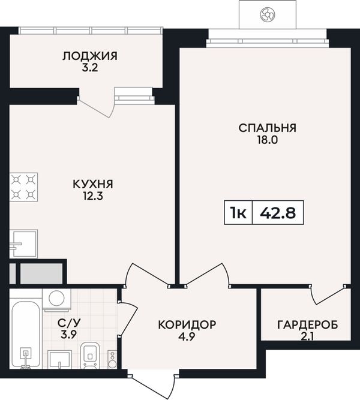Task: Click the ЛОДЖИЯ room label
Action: pyautogui.click(x=90, y=56)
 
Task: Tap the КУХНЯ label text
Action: pyautogui.click(x=93, y=184)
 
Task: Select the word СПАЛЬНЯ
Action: pyautogui.click(x=268, y=128)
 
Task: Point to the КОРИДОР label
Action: pyautogui.click(x=187, y=325)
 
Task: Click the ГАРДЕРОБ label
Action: pyautogui.click(x=308, y=325)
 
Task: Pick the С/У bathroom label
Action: pyautogui.click(x=69, y=323)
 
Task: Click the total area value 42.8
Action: pyautogui.click(x=278, y=213)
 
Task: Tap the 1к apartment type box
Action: pyautogui.click(x=238, y=212)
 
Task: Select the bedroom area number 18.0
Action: pyautogui.click(x=268, y=140)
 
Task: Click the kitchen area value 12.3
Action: pyautogui.click(x=92, y=196)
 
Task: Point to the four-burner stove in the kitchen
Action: pyautogui.click(x=23, y=187)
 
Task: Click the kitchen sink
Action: pyautogui.click(x=23, y=243)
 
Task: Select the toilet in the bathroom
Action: pyautogui.click(x=90, y=356)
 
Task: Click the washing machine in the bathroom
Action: pyautogui.click(x=56, y=300)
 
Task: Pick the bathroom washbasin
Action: pyautogui.click(x=60, y=359)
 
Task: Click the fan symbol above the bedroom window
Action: pyautogui.click(x=268, y=14)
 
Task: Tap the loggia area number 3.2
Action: pyautogui.click(x=90, y=68)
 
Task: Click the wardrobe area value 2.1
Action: pyautogui.click(x=308, y=337)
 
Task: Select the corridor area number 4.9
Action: pyautogui.click(x=187, y=337)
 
